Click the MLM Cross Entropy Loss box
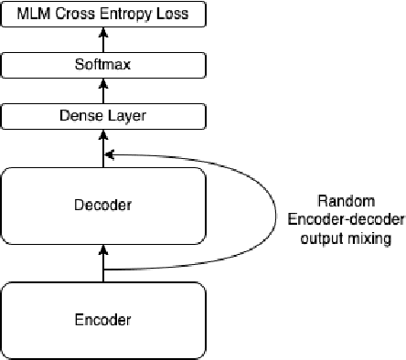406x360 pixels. click(102, 14)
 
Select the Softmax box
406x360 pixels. click(102, 65)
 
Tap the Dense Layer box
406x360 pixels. click(102, 116)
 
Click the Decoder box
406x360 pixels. click(102, 205)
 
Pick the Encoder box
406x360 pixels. click(102, 320)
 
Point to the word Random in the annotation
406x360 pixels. click(341, 202)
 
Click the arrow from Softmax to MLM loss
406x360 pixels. click(102, 39)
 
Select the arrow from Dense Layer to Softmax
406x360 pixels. click(102, 90)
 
